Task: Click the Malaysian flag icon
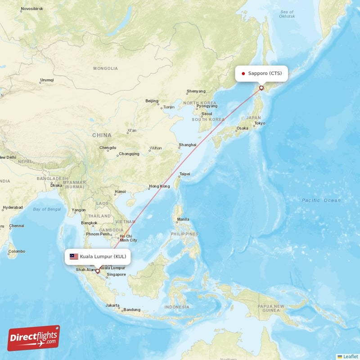[73, 256]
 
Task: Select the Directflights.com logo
[33, 338]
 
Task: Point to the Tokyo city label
[260, 123]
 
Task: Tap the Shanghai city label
[187, 145]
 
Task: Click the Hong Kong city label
[159, 186]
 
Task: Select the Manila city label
[183, 220]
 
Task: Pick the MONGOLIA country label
[105, 68]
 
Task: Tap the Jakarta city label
[112, 305]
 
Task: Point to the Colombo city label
[17, 251]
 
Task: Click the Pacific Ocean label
[321, 200]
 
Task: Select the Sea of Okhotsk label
[287, 14]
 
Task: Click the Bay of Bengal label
[47, 209]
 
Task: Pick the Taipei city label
[184, 174]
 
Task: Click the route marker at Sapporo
[261, 88]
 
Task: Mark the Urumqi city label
[47, 80]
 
